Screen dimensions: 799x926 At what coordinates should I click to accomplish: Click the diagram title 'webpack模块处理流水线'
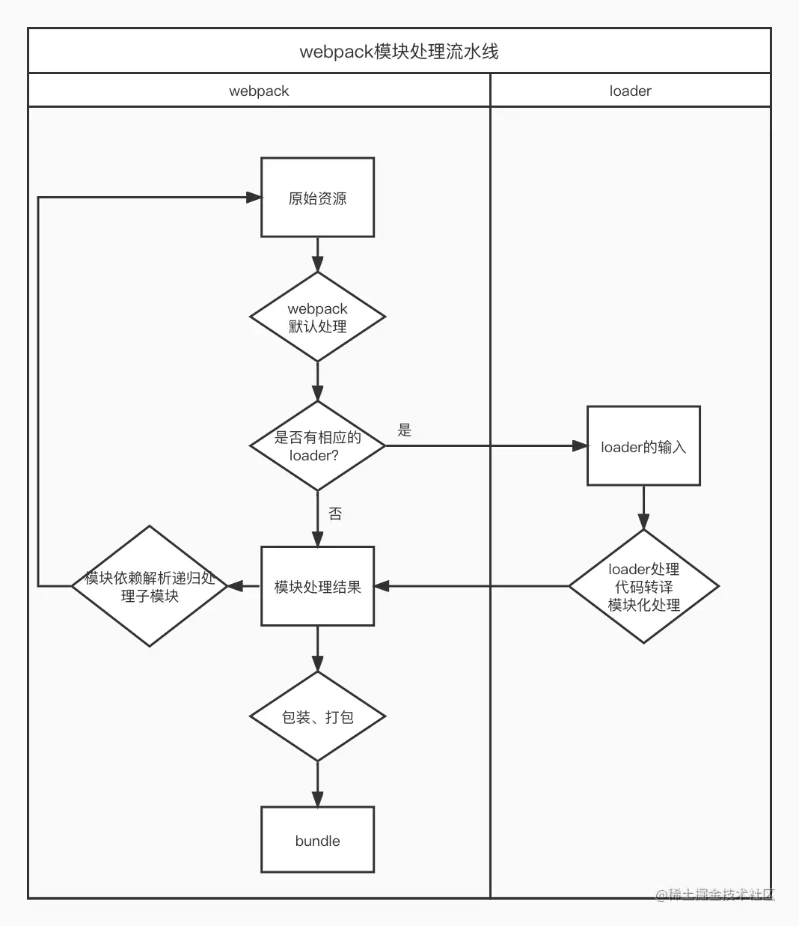coord(399,52)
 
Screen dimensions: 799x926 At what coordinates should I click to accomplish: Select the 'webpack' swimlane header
coord(259,91)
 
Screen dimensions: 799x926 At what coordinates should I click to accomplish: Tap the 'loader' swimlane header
coord(630,91)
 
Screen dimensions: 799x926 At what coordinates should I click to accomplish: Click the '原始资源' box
coord(317,197)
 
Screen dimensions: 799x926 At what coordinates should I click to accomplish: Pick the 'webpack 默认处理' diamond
coord(317,317)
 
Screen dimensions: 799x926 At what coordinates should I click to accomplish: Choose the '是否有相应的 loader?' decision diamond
coord(317,445)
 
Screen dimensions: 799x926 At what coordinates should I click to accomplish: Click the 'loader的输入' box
coord(643,445)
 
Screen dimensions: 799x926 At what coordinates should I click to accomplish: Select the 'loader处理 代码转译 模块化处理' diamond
coord(643,586)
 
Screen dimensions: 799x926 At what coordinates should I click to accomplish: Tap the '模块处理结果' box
coord(317,586)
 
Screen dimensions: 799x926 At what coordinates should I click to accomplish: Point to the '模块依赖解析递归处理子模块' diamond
coord(150,586)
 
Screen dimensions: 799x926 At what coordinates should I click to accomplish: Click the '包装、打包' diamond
coord(317,717)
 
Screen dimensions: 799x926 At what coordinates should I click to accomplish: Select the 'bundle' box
coord(317,841)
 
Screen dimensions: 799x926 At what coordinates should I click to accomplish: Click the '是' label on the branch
coord(404,430)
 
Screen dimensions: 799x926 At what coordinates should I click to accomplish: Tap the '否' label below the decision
coord(335,514)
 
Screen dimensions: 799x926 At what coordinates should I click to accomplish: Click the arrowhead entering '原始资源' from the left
coord(254,197)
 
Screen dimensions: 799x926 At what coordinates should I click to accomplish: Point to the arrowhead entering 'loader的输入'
coord(580,445)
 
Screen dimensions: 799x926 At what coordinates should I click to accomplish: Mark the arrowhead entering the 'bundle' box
coord(317,799)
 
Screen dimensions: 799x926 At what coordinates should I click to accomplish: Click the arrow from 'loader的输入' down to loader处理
coord(643,508)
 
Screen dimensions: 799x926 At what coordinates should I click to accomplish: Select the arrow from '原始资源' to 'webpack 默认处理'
coord(317,255)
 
